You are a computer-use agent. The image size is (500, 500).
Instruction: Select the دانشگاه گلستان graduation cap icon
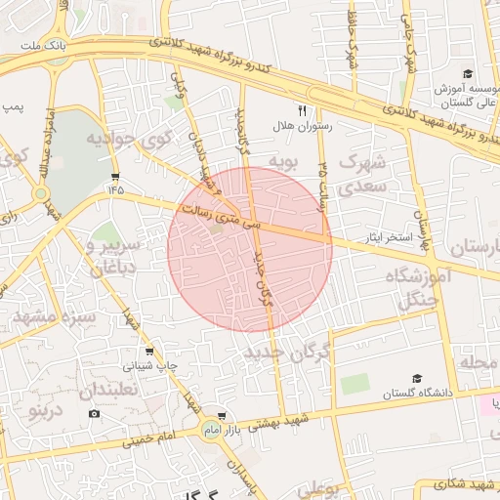click(x=418, y=377)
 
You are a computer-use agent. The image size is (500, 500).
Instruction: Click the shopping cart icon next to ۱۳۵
click(x=116, y=177)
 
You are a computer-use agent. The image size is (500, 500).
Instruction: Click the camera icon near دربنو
click(x=94, y=413)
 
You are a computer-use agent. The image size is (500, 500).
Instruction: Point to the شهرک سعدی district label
click(x=364, y=172)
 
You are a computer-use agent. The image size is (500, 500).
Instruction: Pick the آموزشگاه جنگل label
click(x=423, y=288)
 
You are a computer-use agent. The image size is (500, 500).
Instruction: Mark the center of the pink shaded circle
click(x=250, y=248)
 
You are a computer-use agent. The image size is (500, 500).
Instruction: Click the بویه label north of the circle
click(x=282, y=160)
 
